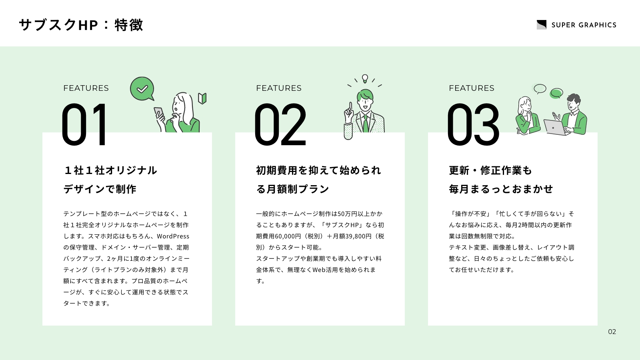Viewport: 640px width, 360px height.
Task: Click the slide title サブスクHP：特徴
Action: pos(81,25)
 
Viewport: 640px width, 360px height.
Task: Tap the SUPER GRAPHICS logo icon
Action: pos(542,25)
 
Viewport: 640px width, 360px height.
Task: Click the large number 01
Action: pos(84,124)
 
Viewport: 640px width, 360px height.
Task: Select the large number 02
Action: pos(280,124)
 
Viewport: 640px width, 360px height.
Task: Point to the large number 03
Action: pos(473,124)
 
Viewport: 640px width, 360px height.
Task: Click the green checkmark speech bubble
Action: pos(142,89)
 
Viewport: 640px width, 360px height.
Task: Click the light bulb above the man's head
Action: pos(365,78)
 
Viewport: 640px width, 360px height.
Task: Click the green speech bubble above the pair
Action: pos(556,93)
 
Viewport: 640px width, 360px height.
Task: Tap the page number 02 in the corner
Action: pos(612,332)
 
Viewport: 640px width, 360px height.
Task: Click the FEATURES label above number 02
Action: pos(278,88)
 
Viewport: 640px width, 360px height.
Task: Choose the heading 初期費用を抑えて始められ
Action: pos(318,170)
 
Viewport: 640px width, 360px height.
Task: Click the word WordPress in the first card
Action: pos(173,236)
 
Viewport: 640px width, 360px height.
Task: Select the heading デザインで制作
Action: pos(100,189)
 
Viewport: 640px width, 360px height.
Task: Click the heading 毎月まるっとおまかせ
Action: pos(501,189)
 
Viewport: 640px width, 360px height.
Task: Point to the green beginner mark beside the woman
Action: pos(202,98)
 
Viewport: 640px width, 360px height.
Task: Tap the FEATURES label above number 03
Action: pos(472,88)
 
